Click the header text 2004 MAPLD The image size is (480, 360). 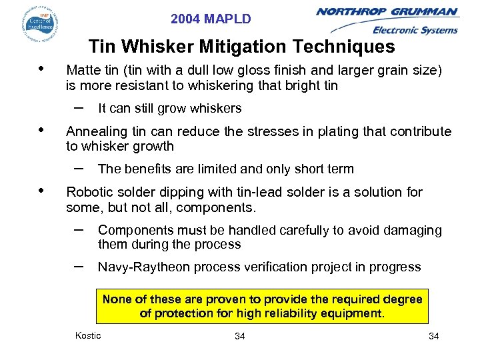click(x=211, y=19)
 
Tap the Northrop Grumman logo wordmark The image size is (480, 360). click(x=387, y=11)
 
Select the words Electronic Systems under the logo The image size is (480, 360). click(x=415, y=30)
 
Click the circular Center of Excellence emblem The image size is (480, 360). click(x=41, y=23)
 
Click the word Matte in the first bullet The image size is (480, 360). click(x=83, y=71)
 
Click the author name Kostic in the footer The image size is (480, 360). click(x=88, y=335)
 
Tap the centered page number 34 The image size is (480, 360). click(x=240, y=336)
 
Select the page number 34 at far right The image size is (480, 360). click(x=433, y=336)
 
